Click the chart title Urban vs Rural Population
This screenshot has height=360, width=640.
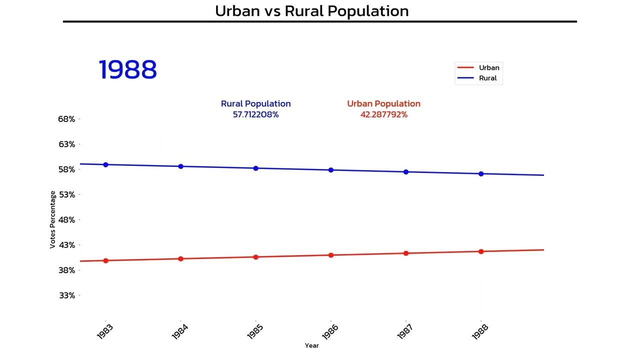(311, 10)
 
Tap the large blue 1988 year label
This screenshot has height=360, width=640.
(128, 69)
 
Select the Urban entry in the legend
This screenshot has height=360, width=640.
(488, 67)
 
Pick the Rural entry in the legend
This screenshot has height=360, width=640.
(487, 78)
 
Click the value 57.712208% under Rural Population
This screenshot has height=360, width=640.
(255, 114)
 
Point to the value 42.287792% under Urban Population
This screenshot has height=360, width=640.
(383, 114)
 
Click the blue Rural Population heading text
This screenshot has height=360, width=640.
(255, 103)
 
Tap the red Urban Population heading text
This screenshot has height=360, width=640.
(383, 103)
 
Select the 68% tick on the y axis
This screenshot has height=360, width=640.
(66, 119)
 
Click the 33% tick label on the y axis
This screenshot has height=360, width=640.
(66, 295)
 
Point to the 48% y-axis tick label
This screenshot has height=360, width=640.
(66, 220)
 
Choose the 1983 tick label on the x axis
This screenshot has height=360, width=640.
(105, 331)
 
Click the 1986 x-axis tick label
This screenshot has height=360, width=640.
(330, 331)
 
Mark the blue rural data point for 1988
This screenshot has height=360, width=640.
(481, 174)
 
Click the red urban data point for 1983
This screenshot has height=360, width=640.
(105, 260)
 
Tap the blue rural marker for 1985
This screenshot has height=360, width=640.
(255, 168)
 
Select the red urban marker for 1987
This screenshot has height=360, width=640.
(406, 253)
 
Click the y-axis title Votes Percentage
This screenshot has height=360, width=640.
(52, 219)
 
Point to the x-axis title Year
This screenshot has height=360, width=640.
(311, 345)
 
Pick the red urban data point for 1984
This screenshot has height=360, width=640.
(180, 259)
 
